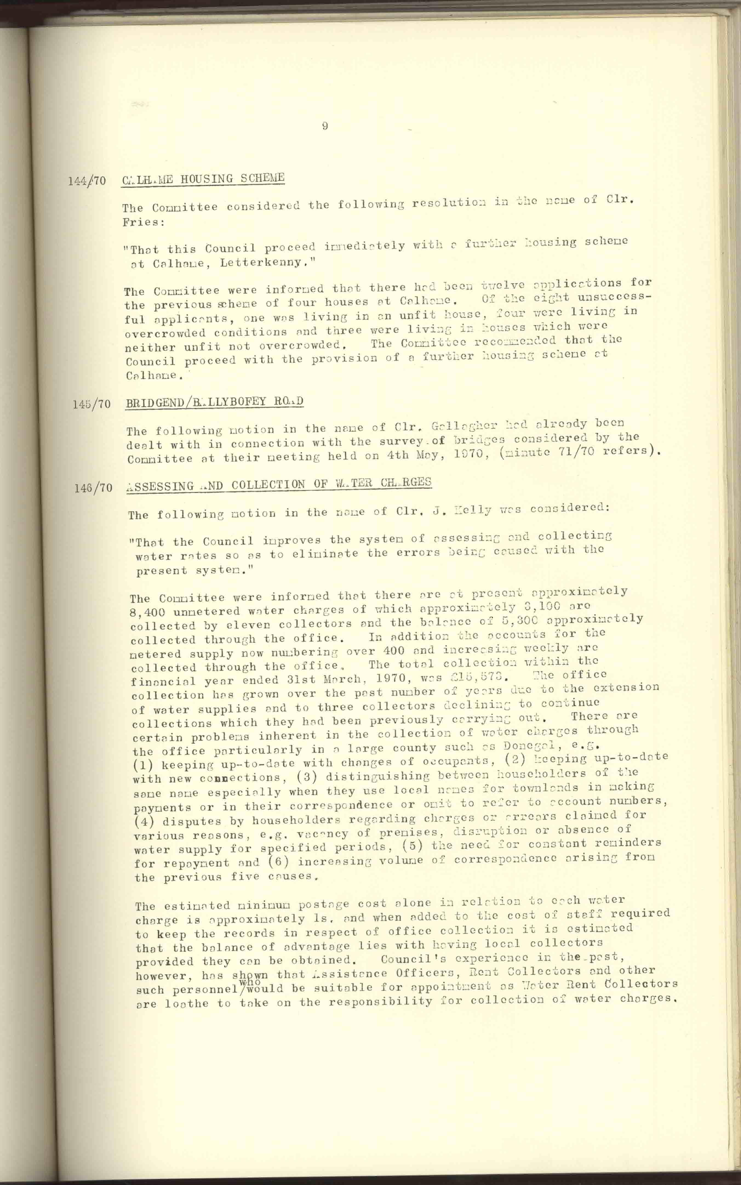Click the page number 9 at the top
325,126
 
